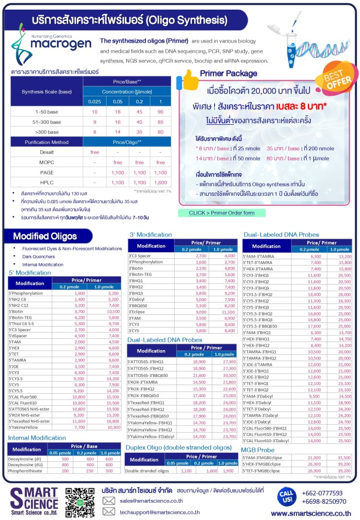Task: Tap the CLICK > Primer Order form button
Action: (222, 213)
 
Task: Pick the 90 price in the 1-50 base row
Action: (160, 112)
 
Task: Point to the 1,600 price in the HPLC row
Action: (160, 182)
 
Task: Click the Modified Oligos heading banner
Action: (47, 236)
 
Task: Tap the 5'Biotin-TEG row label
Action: (20, 317)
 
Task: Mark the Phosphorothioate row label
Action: (25, 472)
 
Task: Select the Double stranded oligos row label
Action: (144, 471)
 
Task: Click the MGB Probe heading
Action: (259, 450)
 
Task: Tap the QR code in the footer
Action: (80, 503)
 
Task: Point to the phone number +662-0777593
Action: (322, 493)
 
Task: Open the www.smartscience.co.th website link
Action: (315, 513)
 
